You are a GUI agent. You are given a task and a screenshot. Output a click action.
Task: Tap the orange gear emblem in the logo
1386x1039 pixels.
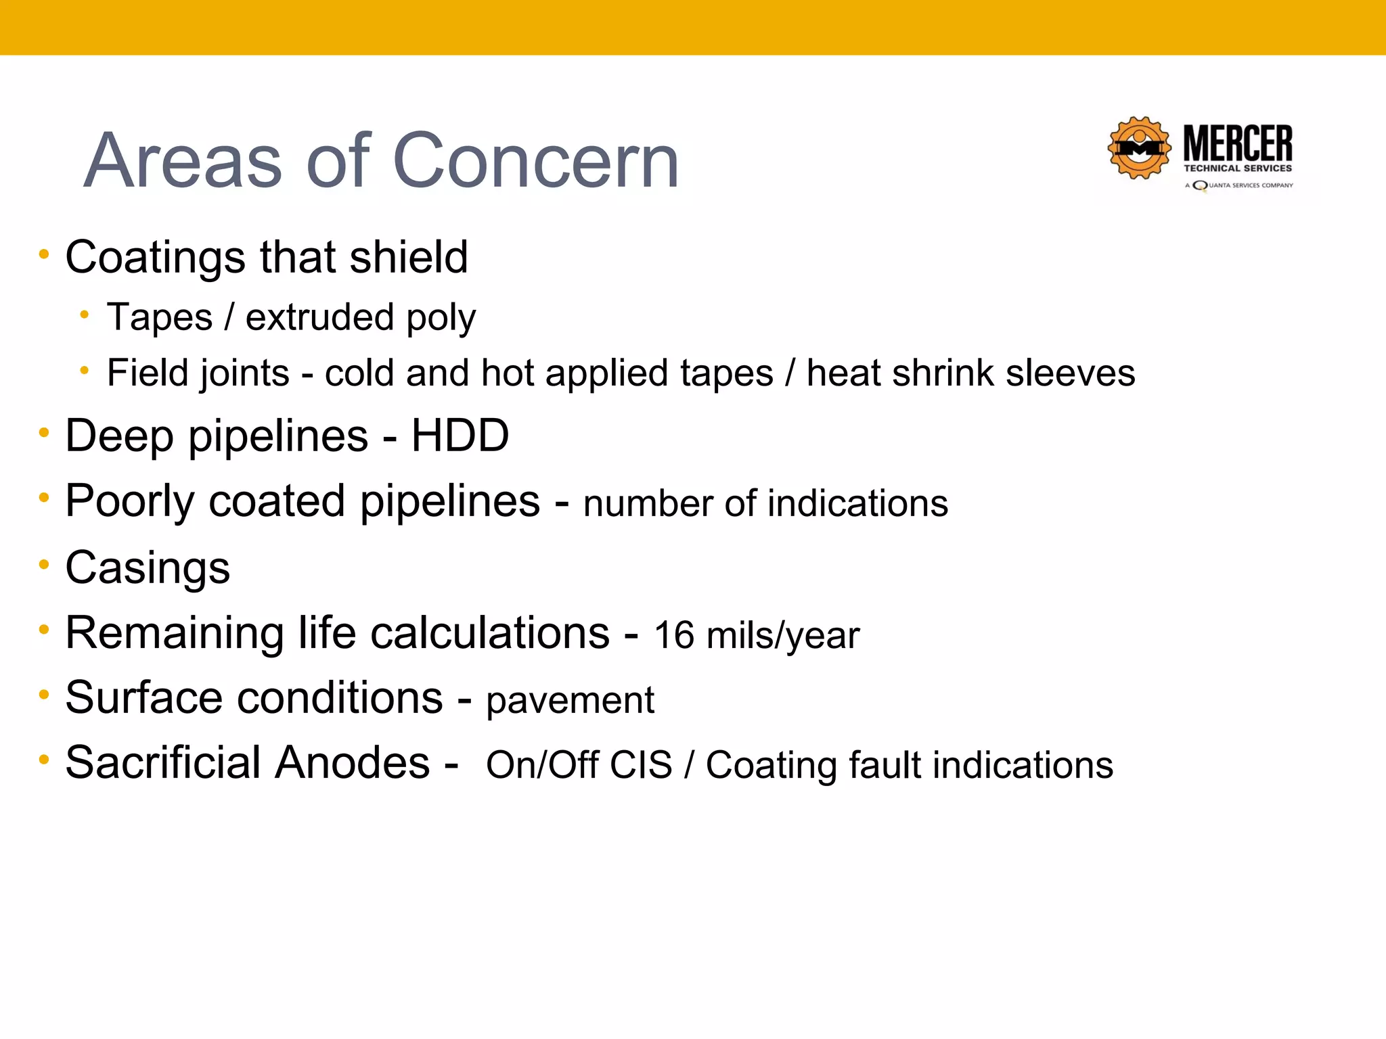pos(1140,148)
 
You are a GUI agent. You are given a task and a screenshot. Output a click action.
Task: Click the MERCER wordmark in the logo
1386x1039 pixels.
pos(1238,143)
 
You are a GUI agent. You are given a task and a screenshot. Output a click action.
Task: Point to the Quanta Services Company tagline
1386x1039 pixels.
pos(1240,185)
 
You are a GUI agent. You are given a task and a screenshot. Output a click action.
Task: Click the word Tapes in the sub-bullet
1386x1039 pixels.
pos(160,317)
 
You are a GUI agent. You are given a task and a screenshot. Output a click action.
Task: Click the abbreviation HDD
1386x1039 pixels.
pos(460,436)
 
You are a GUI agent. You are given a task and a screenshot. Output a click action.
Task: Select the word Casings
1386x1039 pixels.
pos(148,567)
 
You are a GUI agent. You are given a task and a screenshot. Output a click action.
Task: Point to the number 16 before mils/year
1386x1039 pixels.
pos(674,636)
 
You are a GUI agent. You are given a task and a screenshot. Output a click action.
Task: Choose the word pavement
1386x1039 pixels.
pos(570,700)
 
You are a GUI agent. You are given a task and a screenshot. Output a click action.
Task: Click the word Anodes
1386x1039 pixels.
pos(351,762)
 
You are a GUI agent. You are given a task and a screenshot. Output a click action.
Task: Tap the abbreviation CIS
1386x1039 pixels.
pos(640,765)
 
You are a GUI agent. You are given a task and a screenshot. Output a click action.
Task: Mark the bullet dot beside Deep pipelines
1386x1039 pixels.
pos(45,432)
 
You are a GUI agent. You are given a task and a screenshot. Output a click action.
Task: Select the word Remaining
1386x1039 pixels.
pos(175,633)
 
